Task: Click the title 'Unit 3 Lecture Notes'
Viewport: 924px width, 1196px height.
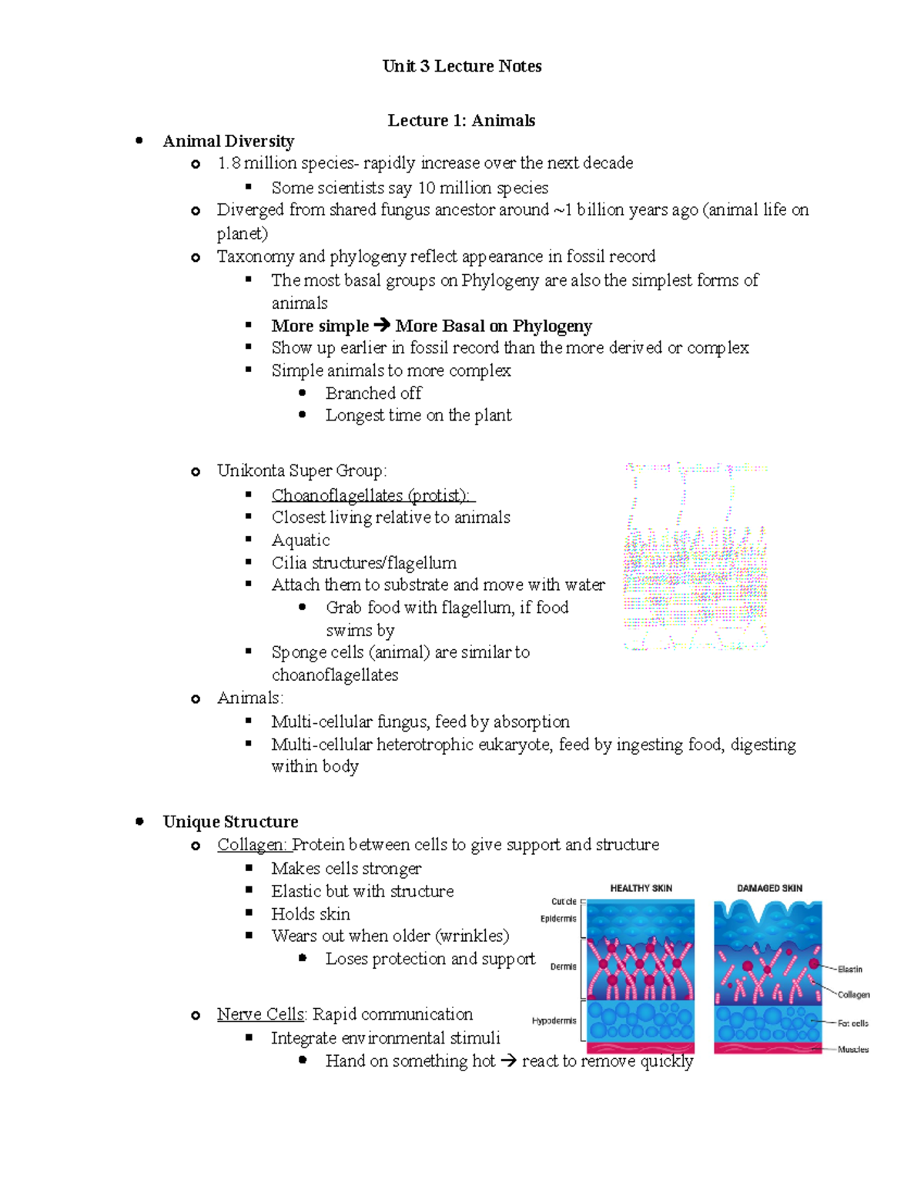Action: tap(462, 66)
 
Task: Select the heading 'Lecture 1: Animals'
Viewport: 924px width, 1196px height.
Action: tap(461, 120)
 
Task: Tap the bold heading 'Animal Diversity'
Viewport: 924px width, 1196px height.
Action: tap(229, 141)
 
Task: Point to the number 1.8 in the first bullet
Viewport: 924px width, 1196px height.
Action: tap(229, 163)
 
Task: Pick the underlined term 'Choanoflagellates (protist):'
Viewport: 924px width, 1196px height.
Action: tap(373, 495)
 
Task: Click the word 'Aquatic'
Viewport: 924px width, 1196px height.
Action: tap(300, 541)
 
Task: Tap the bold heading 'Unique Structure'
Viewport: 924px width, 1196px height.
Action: tap(230, 822)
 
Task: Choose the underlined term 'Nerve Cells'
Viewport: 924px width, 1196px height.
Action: tap(262, 1014)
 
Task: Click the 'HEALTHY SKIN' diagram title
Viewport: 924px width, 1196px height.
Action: tap(641, 888)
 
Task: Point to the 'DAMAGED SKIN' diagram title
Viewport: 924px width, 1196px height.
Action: tap(769, 888)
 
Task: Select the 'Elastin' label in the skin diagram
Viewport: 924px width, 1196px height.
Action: tap(850, 970)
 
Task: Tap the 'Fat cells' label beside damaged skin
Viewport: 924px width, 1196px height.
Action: tap(853, 1023)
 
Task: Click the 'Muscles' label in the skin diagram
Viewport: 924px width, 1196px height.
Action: tap(853, 1050)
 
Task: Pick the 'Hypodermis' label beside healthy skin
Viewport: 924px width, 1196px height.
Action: tap(554, 1021)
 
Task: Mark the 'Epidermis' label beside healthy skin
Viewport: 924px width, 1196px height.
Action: tap(558, 919)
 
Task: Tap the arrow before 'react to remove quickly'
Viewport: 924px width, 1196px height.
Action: tap(508, 1061)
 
